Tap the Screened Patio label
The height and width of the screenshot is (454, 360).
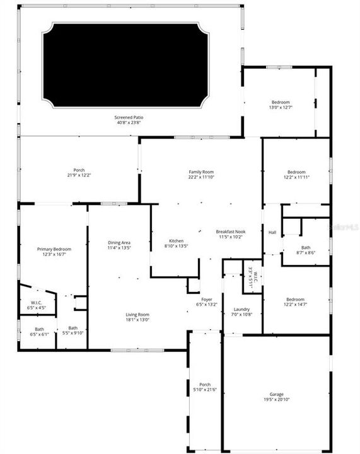128,117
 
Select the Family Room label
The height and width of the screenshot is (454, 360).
201,172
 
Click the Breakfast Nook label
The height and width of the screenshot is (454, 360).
231,231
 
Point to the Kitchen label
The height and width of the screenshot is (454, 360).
176,240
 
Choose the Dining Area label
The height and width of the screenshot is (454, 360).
119,243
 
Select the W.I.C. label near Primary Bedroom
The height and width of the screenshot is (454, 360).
36,303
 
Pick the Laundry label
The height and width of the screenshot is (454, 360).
241,309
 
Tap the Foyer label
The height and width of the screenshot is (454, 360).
206,299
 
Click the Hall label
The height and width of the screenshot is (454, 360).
272,233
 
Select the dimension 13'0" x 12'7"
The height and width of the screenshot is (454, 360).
281,107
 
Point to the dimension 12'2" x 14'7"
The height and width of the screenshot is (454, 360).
296,305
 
